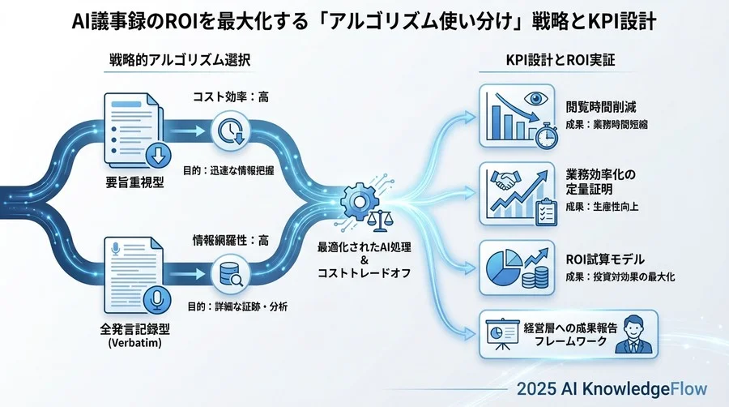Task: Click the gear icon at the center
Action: (x=356, y=199)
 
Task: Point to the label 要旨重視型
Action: (x=135, y=182)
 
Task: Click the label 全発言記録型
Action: (x=135, y=331)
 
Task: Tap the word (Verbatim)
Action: (x=135, y=345)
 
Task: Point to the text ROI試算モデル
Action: (x=605, y=260)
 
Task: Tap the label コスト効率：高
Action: (x=230, y=96)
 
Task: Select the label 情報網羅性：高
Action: (x=230, y=240)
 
